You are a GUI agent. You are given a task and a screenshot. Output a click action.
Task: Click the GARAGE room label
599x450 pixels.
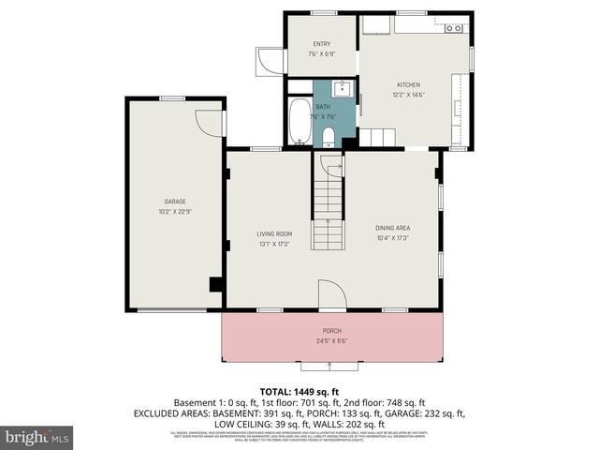(x=175, y=202)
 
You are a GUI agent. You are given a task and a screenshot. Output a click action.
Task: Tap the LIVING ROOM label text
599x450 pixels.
(x=275, y=233)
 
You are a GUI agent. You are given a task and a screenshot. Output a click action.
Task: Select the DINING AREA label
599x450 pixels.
(x=393, y=228)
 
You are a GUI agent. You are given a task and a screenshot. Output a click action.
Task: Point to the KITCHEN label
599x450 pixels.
(x=408, y=84)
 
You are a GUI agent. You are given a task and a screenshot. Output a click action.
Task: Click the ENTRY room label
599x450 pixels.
(x=322, y=44)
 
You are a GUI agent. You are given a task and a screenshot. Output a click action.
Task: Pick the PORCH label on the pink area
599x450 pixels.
(x=331, y=331)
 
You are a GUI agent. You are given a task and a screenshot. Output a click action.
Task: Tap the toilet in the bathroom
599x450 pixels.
(x=329, y=138)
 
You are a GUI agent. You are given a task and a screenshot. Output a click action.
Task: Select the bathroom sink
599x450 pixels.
(x=343, y=90)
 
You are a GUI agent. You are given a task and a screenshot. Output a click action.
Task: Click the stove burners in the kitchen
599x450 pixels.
(x=454, y=28)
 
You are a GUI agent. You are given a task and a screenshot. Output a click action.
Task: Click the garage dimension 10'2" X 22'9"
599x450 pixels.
(x=175, y=212)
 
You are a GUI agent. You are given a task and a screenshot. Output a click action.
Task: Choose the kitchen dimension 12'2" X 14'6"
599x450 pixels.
(x=408, y=95)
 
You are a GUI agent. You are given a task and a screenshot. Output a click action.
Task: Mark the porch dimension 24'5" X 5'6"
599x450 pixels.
(x=331, y=341)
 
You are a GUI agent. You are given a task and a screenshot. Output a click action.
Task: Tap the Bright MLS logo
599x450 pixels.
(x=37, y=437)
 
